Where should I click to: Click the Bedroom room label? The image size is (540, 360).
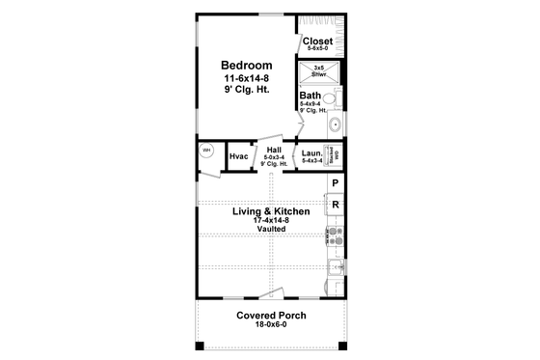pyautogui.click(x=244, y=65)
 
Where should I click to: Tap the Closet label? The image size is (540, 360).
pyautogui.click(x=317, y=41)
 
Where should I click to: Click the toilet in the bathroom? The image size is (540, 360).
pyautogui.click(x=328, y=98)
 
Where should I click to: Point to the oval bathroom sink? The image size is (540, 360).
pyautogui.click(x=336, y=125)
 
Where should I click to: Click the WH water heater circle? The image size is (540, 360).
pyautogui.click(x=206, y=152)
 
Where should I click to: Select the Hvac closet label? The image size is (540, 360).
pyautogui.click(x=239, y=156)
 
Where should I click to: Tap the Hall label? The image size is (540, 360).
pyautogui.click(x=275, y=150)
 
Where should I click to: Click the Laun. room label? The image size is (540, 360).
pyautogui.click(x=311, y=152)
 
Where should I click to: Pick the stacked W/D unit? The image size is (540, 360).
pyautogui.click(x=337, y=154)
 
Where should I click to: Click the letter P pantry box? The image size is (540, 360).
pyautogui.click(x=335, y=183)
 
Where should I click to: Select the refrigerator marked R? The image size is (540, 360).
pyautogui.click(x=335, y=205)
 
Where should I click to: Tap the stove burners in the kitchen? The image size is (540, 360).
pyautogui.click(x=336, y=235)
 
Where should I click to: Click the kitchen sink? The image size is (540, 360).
pyautogui.click(x=336, y=268)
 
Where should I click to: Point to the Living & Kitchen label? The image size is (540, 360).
pyautogui.click(x=270, y=211)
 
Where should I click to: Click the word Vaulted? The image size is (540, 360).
pyautogui.click(x=270, y=232)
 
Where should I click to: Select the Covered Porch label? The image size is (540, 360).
pyautogui.click(x=270, y=316)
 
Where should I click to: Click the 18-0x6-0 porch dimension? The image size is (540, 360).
pyautogui.click(x=270, y=326)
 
